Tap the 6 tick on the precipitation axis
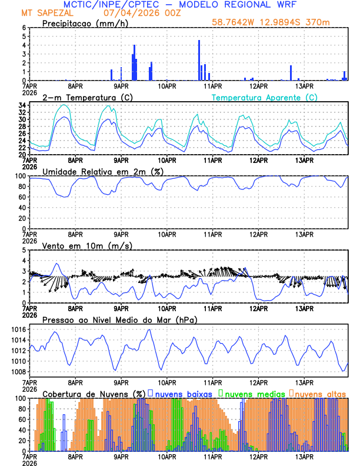point(23,28)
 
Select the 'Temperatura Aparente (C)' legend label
point(264,97)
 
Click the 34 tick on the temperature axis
point(21,105)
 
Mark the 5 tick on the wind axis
point(23,250)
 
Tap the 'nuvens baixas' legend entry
point(183,393)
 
